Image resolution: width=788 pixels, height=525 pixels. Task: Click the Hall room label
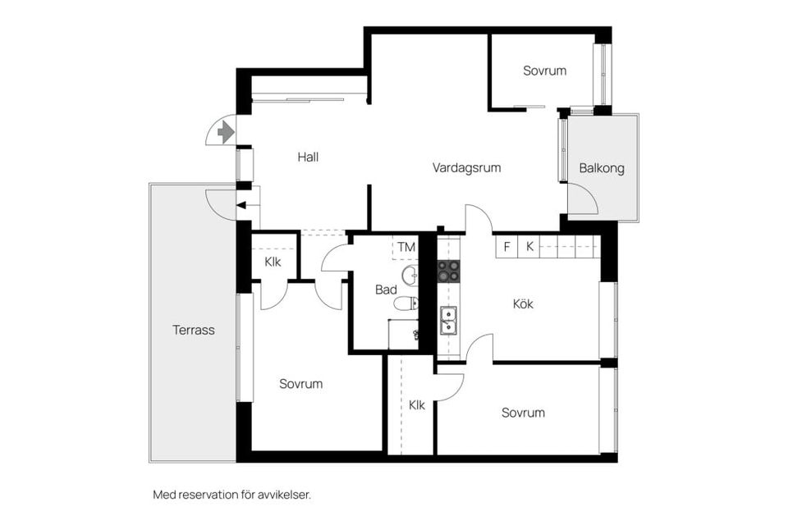[x=308, y=157]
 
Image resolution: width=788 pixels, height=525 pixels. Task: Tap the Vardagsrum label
[x=466, y=168]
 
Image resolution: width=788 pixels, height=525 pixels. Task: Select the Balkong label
[x=602, y=168]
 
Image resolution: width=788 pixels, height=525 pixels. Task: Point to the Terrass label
[x=194, y=330]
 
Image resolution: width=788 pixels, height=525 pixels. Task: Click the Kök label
[x=523, y=304]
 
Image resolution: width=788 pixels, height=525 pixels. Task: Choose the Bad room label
[x=386, y=290]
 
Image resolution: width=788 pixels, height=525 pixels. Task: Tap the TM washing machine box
[x=405, y=247]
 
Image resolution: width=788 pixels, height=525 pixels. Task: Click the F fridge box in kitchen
[x=507, y=247]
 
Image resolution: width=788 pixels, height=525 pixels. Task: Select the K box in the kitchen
[x=529, y=247]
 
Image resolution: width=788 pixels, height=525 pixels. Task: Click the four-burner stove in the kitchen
[x=448, y=271]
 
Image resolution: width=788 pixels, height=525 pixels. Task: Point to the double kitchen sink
[x=448, y=321]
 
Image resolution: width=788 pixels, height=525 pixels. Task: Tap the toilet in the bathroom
[x=406, y=304]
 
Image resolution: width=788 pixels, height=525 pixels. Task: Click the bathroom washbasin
[x=410, y=275]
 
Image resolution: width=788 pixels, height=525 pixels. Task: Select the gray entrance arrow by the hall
[x=226, y=133]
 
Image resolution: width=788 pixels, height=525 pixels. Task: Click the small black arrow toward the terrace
[x=241, y=205]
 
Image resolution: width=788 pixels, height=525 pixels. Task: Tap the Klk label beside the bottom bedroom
[x=417, y=405]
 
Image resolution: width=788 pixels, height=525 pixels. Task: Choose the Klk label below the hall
[x=273, y=262]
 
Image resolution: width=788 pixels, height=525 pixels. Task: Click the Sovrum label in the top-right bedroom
[x=545, y=71]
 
